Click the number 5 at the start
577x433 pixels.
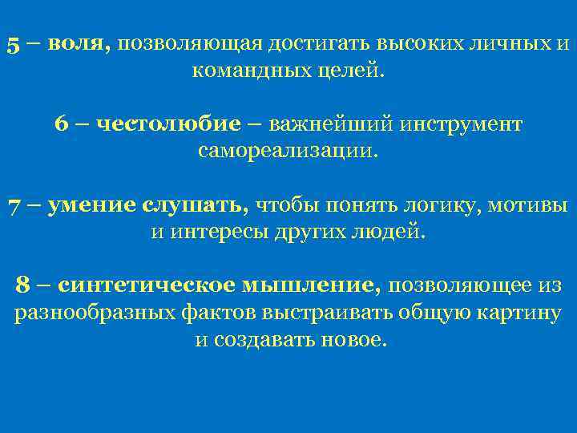(x=13, y=45)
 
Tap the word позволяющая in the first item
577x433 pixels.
(x=184, y=45)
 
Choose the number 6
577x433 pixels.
(x=61, y=125)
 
